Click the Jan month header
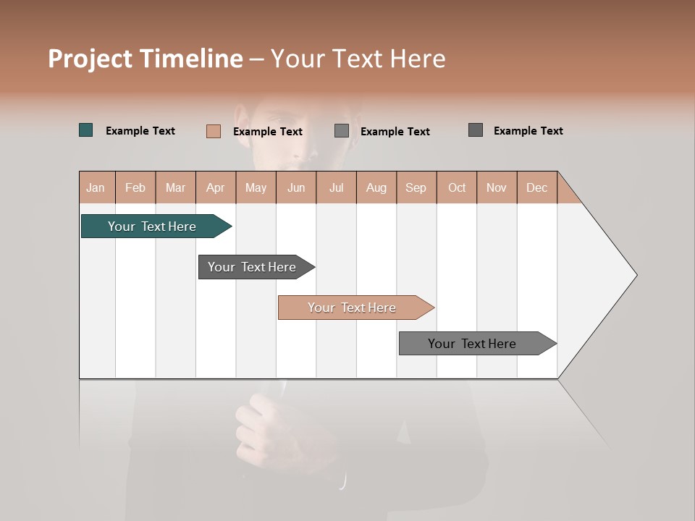[96, 187]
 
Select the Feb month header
[135, 187]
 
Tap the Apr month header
[215, 187]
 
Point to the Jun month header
[296, 187]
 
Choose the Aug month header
[376, 187]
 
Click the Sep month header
[416, 187]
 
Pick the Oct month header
[457, 187]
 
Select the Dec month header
[536, 187]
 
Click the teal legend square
[86, 130]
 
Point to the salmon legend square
[213, 131]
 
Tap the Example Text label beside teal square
[140, 131]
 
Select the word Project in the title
[90, 59]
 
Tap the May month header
[256, 187]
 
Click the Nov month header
[496, 187]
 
